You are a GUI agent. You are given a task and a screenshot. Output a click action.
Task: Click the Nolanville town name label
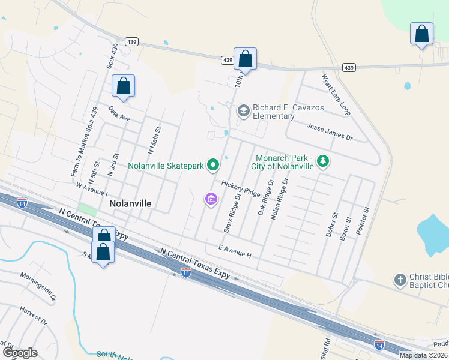130,203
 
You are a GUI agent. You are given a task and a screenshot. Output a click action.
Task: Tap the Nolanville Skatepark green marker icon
212,164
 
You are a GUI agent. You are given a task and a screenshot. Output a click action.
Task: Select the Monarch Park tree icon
323,161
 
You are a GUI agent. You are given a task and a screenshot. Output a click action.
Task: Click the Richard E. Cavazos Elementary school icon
243,110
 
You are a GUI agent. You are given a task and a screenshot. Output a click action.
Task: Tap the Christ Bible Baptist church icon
400,280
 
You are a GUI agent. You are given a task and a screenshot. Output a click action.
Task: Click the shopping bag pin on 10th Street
245,59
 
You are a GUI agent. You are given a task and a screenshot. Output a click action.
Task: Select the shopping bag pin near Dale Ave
123,86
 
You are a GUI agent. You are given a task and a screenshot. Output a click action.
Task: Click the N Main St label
155,142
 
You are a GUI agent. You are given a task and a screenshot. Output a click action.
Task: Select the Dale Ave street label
119,114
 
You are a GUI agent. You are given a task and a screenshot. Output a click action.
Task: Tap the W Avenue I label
92,190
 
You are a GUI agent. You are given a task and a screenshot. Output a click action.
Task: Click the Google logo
19,352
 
